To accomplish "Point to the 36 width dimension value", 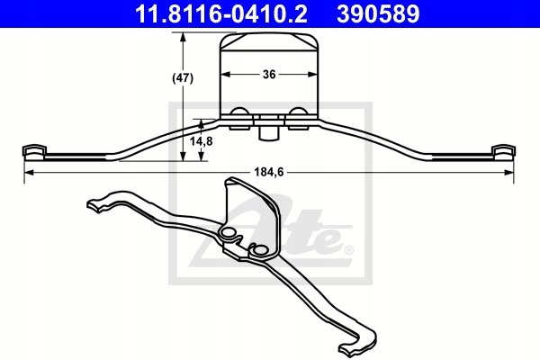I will click(x=269, y=76).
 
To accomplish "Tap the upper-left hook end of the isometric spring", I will click(x=94, y=204).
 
